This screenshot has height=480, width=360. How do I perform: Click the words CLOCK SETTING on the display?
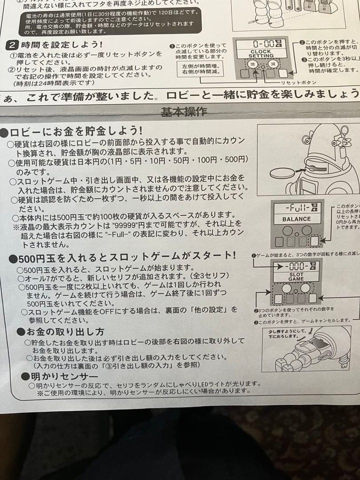point(261,54)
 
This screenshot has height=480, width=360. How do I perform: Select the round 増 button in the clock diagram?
point(253,64)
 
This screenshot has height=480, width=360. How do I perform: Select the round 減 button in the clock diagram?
point(272,64)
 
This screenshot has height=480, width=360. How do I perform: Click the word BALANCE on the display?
point(296,219)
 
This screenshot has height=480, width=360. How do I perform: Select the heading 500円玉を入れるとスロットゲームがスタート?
point(122,256)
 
